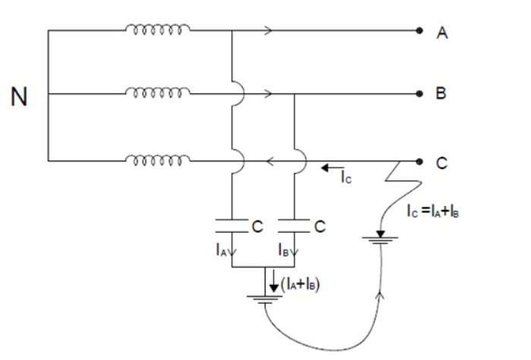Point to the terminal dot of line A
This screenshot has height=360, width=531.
tap(419, 31)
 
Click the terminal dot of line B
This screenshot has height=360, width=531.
tap(419, 95)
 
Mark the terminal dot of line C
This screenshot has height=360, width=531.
tap(419, 161)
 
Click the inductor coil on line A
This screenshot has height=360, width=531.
tap(158, 30)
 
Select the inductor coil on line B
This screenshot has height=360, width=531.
tap(158, 94)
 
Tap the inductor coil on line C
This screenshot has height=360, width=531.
tap(158, 159)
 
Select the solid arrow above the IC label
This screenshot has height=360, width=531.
tap(328, 167)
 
